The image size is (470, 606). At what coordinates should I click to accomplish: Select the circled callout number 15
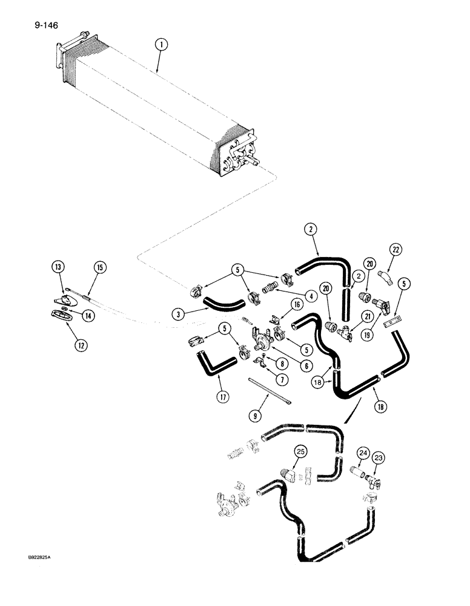tap(99, 267)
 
